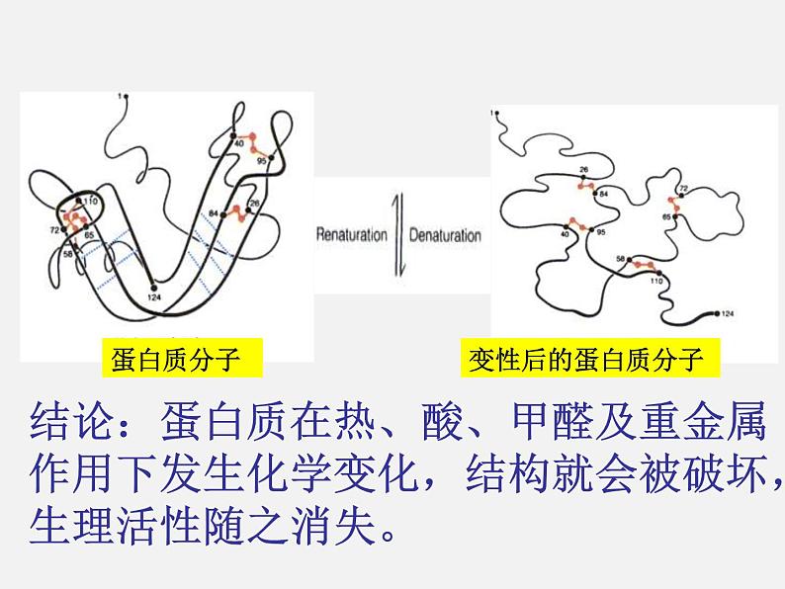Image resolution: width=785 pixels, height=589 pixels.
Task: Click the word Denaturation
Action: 444,236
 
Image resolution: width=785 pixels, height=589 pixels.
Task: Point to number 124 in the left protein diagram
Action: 153,296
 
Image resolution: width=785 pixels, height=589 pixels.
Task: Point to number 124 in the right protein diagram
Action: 729,314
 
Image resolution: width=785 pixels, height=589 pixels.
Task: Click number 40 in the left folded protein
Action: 237,144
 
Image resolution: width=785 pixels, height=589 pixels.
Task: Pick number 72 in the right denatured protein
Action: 682,188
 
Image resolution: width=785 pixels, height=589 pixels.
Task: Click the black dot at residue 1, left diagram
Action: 124,96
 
